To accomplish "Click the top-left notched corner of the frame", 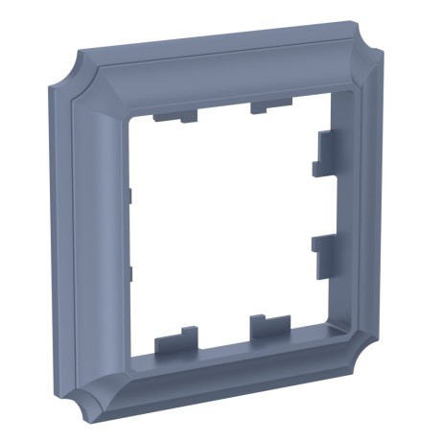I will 59,77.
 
